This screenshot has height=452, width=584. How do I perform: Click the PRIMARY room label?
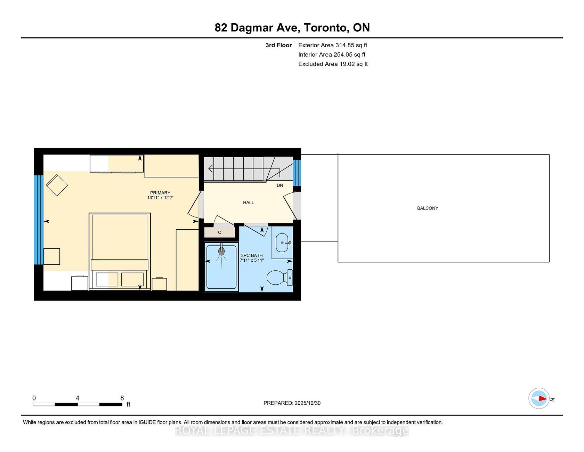(x=160, y=193)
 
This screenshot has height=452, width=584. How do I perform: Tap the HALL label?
(x=249, y=203)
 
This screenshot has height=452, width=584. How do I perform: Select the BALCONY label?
(x=428, y=208)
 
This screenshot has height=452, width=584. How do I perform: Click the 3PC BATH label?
(x=252, y=255)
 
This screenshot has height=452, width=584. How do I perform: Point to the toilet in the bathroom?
(x=279, y=278)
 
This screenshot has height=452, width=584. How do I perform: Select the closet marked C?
(x=220, y=232)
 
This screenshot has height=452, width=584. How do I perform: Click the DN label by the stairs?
(x=280, y=185)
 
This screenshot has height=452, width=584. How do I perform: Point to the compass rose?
(x=539, y=398)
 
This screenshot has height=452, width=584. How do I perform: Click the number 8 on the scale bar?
(x=122, y=398)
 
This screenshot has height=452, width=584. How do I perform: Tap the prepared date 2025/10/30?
(x=307, y=403)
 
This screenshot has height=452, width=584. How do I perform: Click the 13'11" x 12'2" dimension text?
(x=160, y=198)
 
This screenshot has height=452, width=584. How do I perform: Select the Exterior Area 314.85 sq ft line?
(x=333, y=45)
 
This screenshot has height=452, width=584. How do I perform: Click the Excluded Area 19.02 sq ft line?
(x=333, y=64)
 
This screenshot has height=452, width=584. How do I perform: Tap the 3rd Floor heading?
(x=279, y=45)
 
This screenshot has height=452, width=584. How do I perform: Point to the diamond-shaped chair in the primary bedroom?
(x=57, y=185)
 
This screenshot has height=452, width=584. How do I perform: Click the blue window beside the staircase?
(x=297, y=173)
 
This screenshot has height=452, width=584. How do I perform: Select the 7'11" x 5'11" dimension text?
(x=252, y=260)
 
